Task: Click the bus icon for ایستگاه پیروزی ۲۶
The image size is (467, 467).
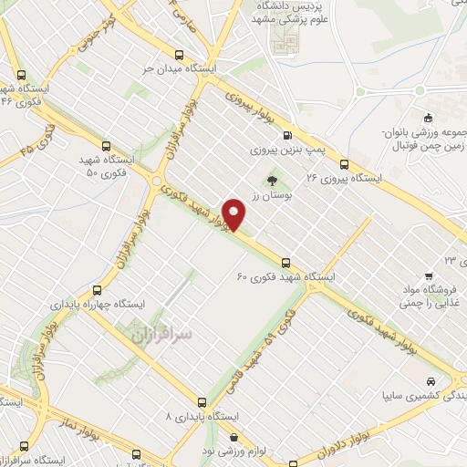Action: pos(344,165)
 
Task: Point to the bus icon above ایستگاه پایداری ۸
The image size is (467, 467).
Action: pos(202,401)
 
